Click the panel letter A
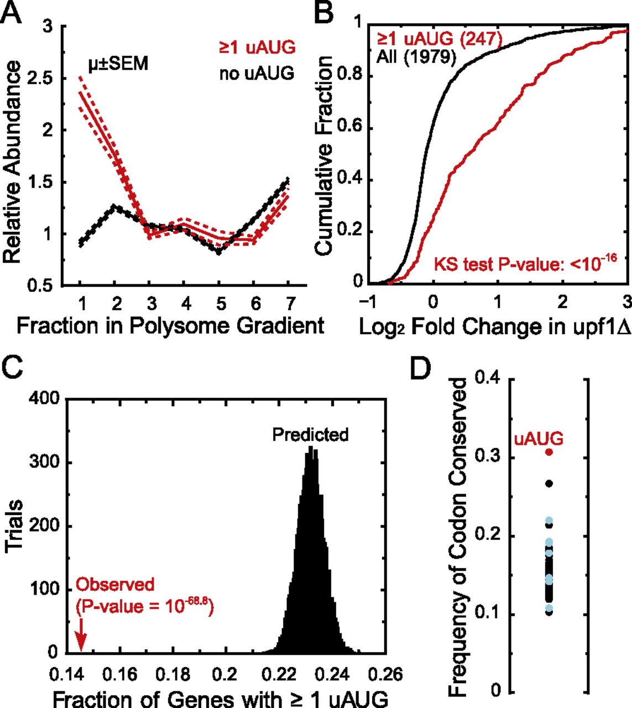point(12,12)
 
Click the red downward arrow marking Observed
point(81,638)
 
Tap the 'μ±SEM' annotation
point(118,64)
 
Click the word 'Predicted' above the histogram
point(310,435)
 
